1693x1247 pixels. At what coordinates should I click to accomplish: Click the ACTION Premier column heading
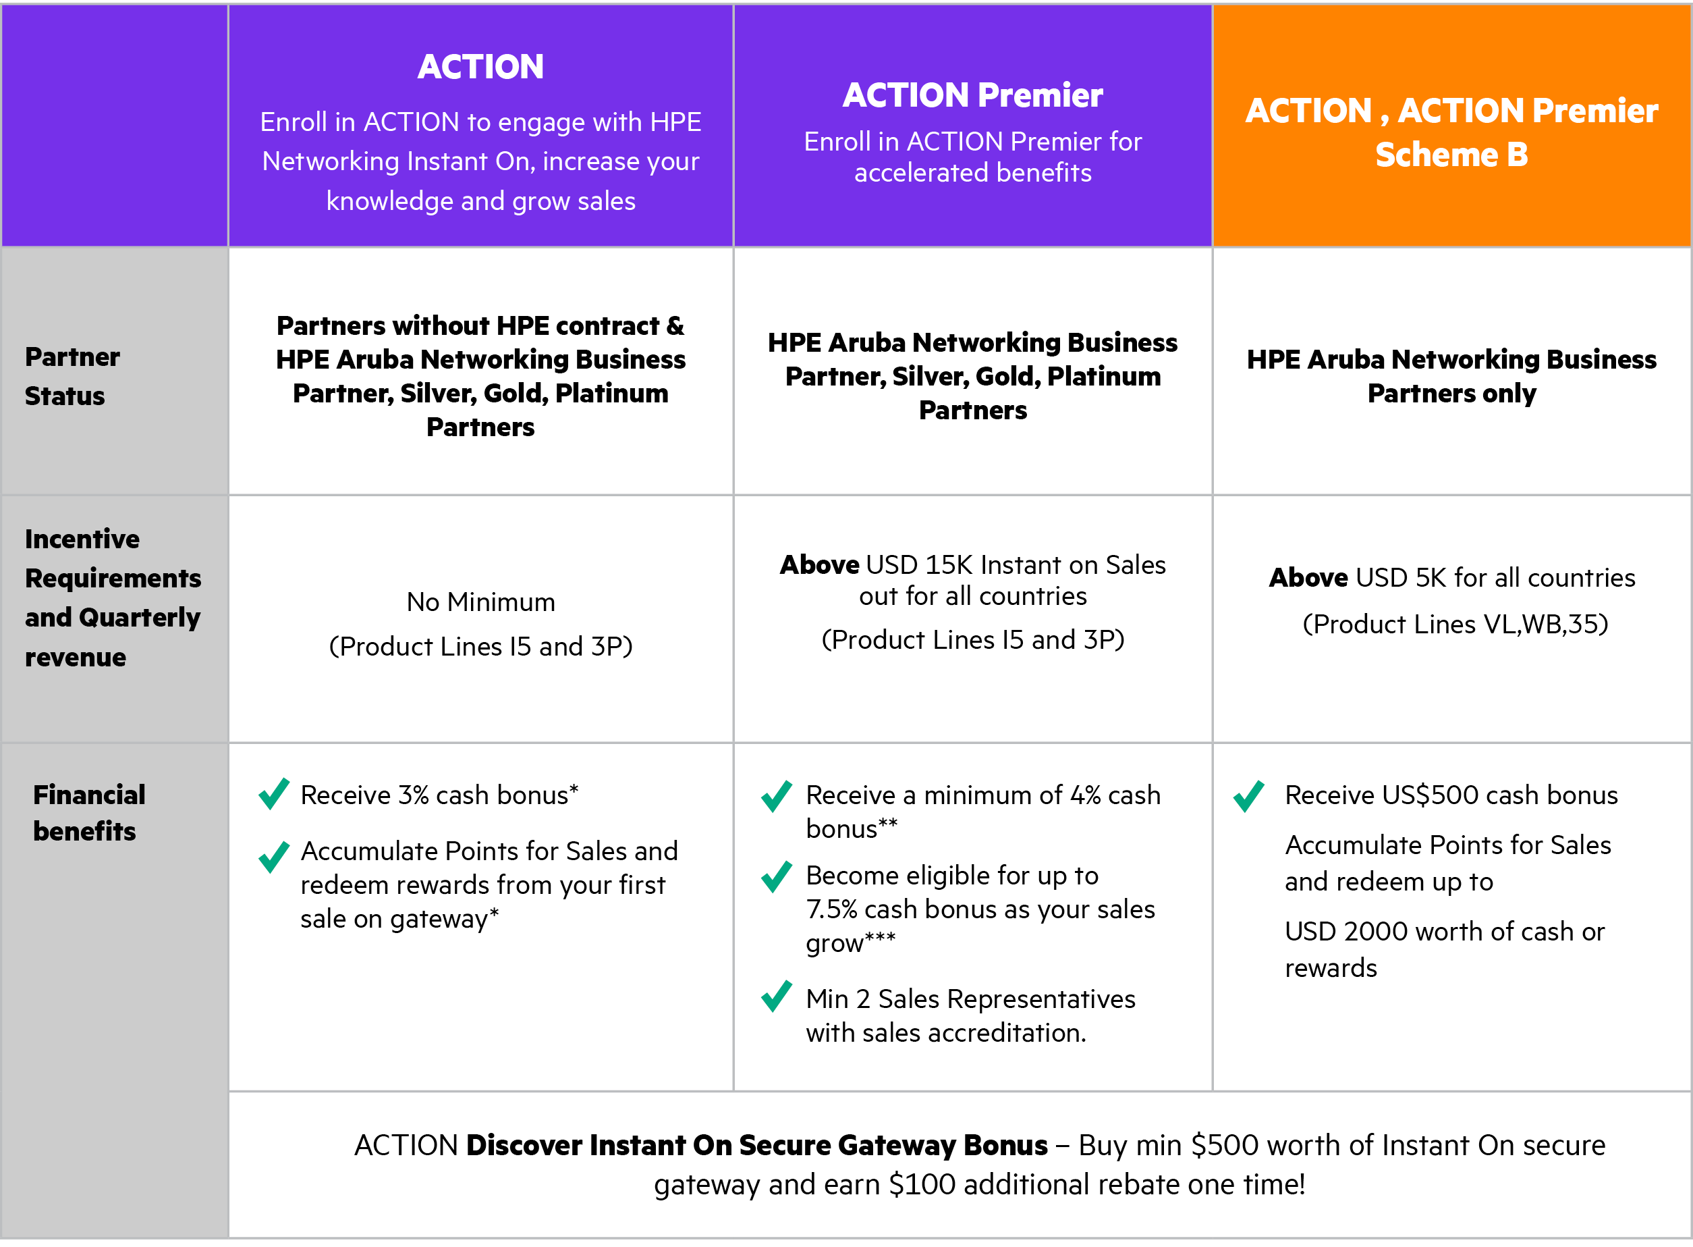[972, 95]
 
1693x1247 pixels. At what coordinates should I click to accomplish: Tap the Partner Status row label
[72, 376]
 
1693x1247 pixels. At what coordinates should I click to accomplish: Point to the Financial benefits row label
[89, 813]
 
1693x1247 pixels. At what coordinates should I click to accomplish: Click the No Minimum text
[480, 602]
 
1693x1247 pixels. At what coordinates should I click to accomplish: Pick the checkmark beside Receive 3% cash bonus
[274, 793]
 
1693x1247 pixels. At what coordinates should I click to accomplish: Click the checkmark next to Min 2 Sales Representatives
[777, 996]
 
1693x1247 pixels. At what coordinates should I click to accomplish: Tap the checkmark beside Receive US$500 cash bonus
[1248, 795]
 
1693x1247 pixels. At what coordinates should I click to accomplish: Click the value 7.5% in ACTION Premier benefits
[831, 909]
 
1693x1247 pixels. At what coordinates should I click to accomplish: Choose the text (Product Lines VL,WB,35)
[1455, 625]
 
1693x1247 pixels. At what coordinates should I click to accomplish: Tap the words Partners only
[1451, 393]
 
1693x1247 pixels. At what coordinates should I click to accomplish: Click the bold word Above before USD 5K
[1308, 577]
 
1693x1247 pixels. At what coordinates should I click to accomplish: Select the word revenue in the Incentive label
[76, 658]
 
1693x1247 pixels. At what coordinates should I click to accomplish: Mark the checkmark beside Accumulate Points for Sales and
[274, 857]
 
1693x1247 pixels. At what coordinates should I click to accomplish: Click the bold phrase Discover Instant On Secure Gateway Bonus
[756, 1145]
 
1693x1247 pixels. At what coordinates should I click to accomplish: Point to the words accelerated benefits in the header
[972, 173]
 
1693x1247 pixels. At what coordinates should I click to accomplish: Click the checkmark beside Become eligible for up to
[777, 876]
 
